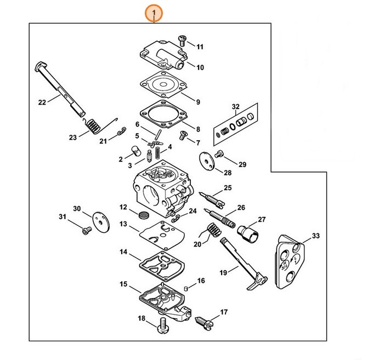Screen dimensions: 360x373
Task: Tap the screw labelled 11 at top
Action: click(x=182, y=39)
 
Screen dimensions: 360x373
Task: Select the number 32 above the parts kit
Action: click(x=236, y=106)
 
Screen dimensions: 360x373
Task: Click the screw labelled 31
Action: click(x=84, y=231)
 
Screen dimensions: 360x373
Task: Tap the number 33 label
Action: click(x=315, y=236)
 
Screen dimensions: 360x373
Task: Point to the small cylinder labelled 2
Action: click(x=134, y=151)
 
